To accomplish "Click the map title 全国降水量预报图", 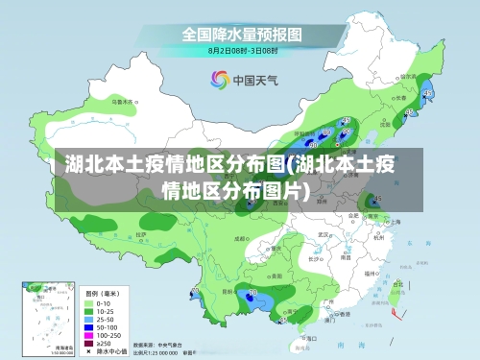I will click(x=242, y=34).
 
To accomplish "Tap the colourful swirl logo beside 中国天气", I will click(x=219, y=81).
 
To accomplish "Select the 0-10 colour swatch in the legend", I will click(x=89, y=302).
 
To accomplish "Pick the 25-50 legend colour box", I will click(x=89, y=319).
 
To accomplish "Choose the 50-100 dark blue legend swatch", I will click(x=89, y=326).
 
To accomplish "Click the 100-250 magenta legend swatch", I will click(x=89, y=334).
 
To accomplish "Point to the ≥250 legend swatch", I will click(x=89, y=343).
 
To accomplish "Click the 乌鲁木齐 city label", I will click(x=119, y=100).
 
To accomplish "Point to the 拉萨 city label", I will click(x=141, y=233).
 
